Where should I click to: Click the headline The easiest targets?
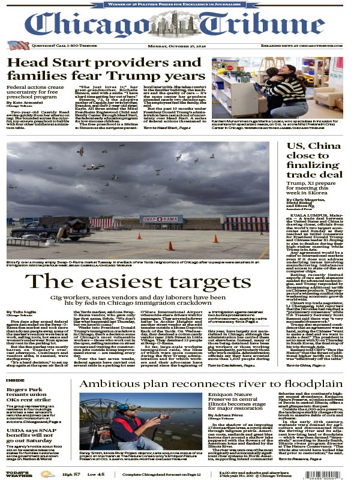tap(136, 281)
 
